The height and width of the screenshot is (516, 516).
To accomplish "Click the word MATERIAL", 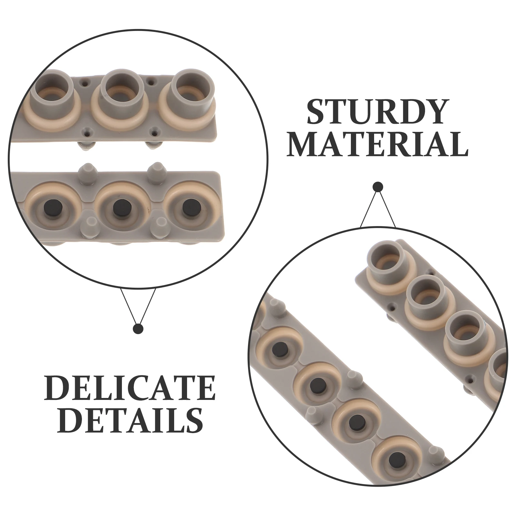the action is (377, 144).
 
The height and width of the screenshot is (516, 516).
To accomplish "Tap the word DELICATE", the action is (130, 388).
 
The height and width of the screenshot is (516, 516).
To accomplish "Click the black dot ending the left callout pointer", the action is (138, 329).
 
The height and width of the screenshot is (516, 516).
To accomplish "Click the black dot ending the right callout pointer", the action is (378, 187).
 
